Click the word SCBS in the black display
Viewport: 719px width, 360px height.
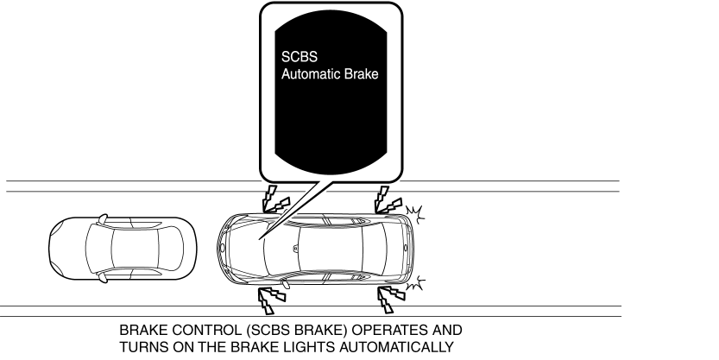click(299, 57)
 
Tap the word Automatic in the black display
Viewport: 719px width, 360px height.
click(311, 74)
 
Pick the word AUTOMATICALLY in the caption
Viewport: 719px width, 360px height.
click(397, 347)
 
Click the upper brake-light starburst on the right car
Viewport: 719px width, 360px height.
click(415, 215)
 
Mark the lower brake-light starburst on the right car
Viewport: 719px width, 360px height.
click(415, 283)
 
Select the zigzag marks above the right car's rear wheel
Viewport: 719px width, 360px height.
click(388, 200)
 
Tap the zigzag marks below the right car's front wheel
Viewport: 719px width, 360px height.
click(271, 300)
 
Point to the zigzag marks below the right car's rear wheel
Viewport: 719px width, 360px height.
click(391, 299)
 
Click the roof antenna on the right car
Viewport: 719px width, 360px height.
click(296, 249)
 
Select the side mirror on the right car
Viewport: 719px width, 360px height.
click(285, 284)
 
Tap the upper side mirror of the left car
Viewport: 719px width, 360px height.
click(104, 218)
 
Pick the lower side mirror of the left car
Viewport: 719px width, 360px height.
click(104, 277)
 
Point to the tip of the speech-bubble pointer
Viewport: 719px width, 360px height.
click(259, 239)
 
